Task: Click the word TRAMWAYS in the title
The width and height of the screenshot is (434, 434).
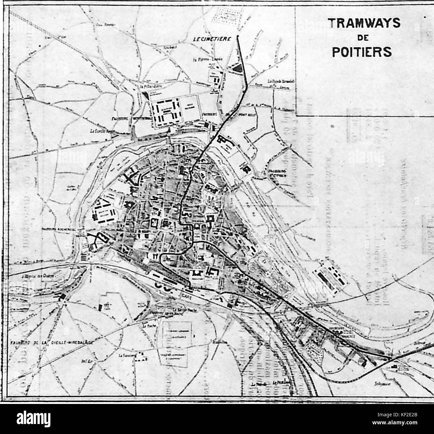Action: [359, 23]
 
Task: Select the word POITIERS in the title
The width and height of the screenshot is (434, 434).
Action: [359, 52]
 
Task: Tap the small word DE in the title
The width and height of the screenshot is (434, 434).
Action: [360, 38]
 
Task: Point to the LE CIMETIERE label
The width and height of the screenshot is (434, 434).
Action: [208, 39]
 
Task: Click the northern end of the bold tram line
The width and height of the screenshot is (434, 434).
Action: [238, 36]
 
